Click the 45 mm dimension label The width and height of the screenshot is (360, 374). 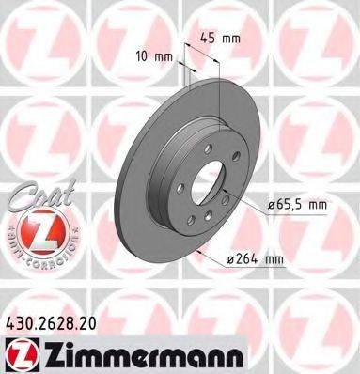pyautogui.click(x=218, y=39)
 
